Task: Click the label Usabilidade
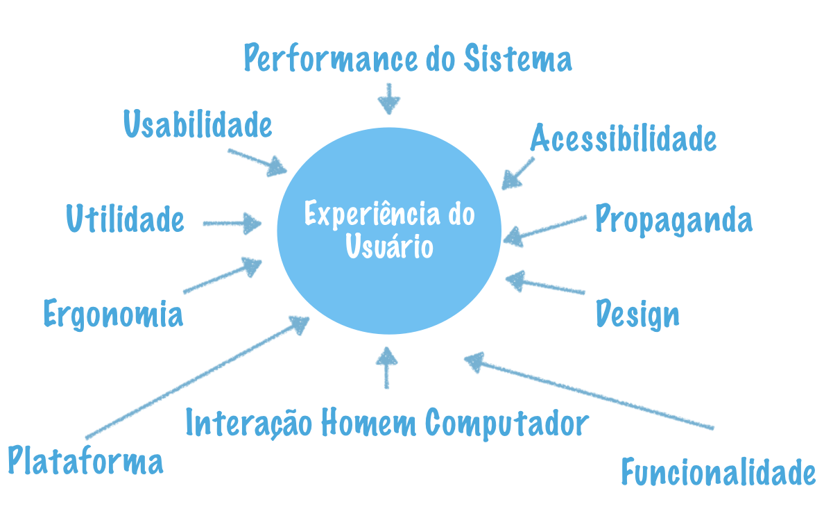point(198,125)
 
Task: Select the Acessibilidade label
point(623,137)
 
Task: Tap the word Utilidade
point(126,219)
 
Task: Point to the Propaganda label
point(673,219)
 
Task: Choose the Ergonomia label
point(113,314)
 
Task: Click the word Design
point(637,315)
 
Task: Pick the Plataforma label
point(86,461)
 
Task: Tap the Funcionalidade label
point(718,473)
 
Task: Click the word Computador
point(507,422)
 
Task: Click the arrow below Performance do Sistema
point(389,99)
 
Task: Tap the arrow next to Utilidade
point(232,224)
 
